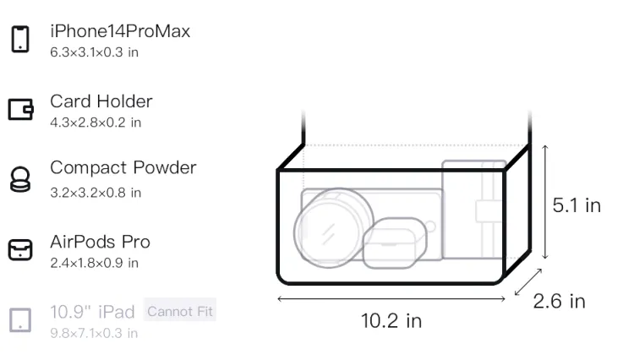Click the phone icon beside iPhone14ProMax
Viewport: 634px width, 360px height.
click(20, 39)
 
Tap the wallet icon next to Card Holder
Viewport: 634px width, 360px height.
click(20, 109)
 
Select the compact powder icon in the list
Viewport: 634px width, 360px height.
click(20, 179)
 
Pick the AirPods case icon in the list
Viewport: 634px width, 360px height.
click(20, 249)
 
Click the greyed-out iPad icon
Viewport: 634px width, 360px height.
click(20, 320)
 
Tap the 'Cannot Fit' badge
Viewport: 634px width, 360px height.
click(180, 311)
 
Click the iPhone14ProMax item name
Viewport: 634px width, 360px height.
click(120, 31)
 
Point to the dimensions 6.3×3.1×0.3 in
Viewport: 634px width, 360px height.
click(94, 52)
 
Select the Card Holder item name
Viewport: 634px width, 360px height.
click(101, 101)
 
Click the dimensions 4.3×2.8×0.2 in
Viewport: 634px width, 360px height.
click(96, 123)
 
